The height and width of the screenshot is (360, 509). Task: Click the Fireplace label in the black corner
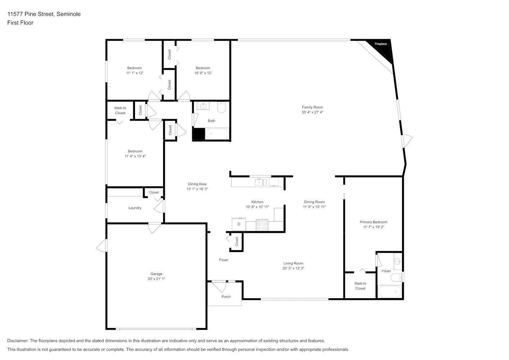(380, 44)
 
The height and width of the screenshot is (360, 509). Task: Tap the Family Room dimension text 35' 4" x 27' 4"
(312, 112)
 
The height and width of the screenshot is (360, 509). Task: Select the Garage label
(156, 274)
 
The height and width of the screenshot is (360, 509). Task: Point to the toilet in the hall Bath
(221, 107)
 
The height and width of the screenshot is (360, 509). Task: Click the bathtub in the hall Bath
(217, 134)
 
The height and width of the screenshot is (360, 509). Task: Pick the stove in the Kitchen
(262, 225)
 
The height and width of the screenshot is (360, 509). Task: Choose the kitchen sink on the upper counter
(261, 182)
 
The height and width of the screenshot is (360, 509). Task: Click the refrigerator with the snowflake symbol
(239, 224)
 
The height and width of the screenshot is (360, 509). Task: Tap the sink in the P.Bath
(398, 261)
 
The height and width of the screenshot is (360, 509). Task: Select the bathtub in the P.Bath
(389, 291)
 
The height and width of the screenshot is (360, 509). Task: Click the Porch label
(226, 297)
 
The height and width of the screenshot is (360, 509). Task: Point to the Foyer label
(224, 260)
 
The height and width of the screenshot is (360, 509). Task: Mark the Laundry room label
(135, 208)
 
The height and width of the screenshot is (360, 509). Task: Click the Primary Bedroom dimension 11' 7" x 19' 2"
(374, 227)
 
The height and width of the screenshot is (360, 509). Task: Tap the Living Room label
(293, 264)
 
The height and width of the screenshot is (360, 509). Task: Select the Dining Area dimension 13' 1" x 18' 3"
(197, 189)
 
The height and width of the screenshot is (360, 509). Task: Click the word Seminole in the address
(68, 14)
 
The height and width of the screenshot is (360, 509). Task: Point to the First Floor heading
(20, 23)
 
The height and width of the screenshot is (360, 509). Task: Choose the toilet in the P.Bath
(397, 278)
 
